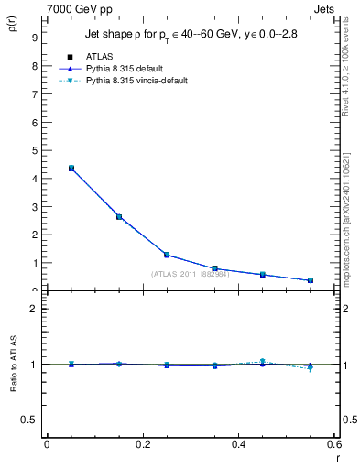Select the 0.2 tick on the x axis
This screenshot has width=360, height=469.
(142, 444)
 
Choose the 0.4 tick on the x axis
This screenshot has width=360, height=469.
(238, 444)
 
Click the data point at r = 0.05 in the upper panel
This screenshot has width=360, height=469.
(71, 168)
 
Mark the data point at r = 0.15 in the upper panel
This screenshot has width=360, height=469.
(119, 216)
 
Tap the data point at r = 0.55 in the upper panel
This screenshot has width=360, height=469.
(311, 280)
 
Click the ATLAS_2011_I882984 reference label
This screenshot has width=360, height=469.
(190, 273)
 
